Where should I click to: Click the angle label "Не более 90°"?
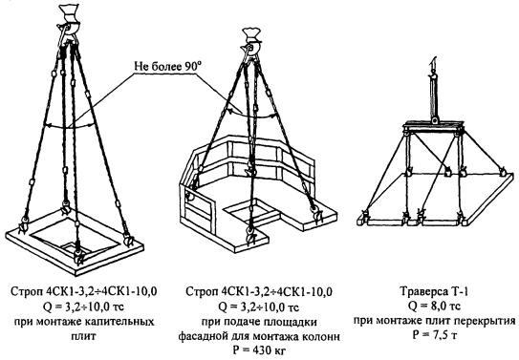168,67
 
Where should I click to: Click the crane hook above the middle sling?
251,42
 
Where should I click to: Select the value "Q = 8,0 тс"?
434,307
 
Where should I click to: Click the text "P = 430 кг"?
259,350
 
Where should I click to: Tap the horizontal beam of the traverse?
434,127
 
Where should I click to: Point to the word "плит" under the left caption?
84,336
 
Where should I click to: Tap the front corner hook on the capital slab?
79,256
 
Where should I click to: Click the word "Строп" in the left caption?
27,292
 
